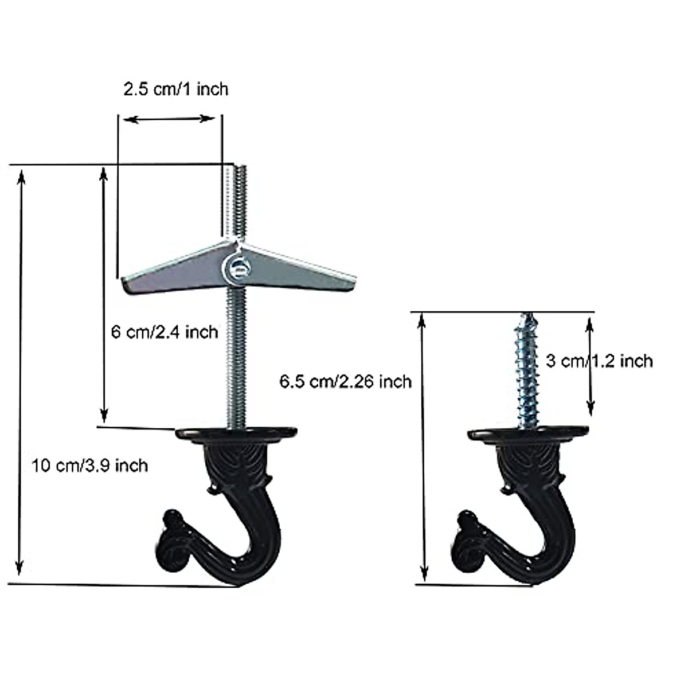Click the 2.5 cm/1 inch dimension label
175,89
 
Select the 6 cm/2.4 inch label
165,332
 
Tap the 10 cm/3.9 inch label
89,465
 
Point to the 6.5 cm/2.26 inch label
346,381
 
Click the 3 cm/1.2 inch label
599,361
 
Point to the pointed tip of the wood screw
526,315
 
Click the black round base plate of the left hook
236,433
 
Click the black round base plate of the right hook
527,434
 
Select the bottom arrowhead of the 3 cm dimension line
589,409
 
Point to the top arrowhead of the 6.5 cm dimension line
423,319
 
